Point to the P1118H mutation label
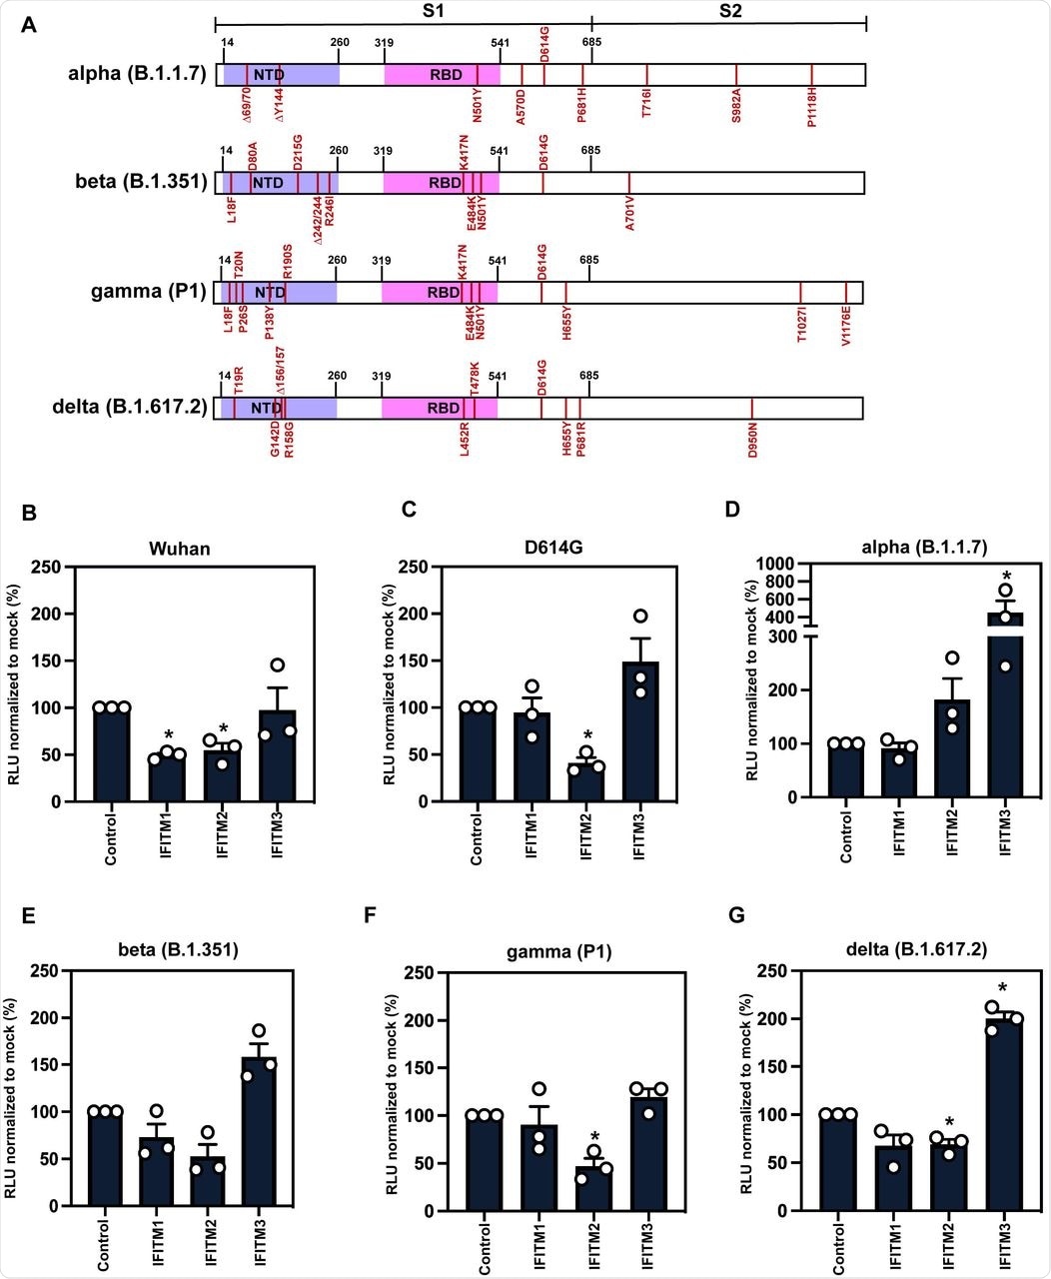click(x=812, y=108)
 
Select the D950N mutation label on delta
click(x=752, y=441)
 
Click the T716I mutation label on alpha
click(x=647, y=104)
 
